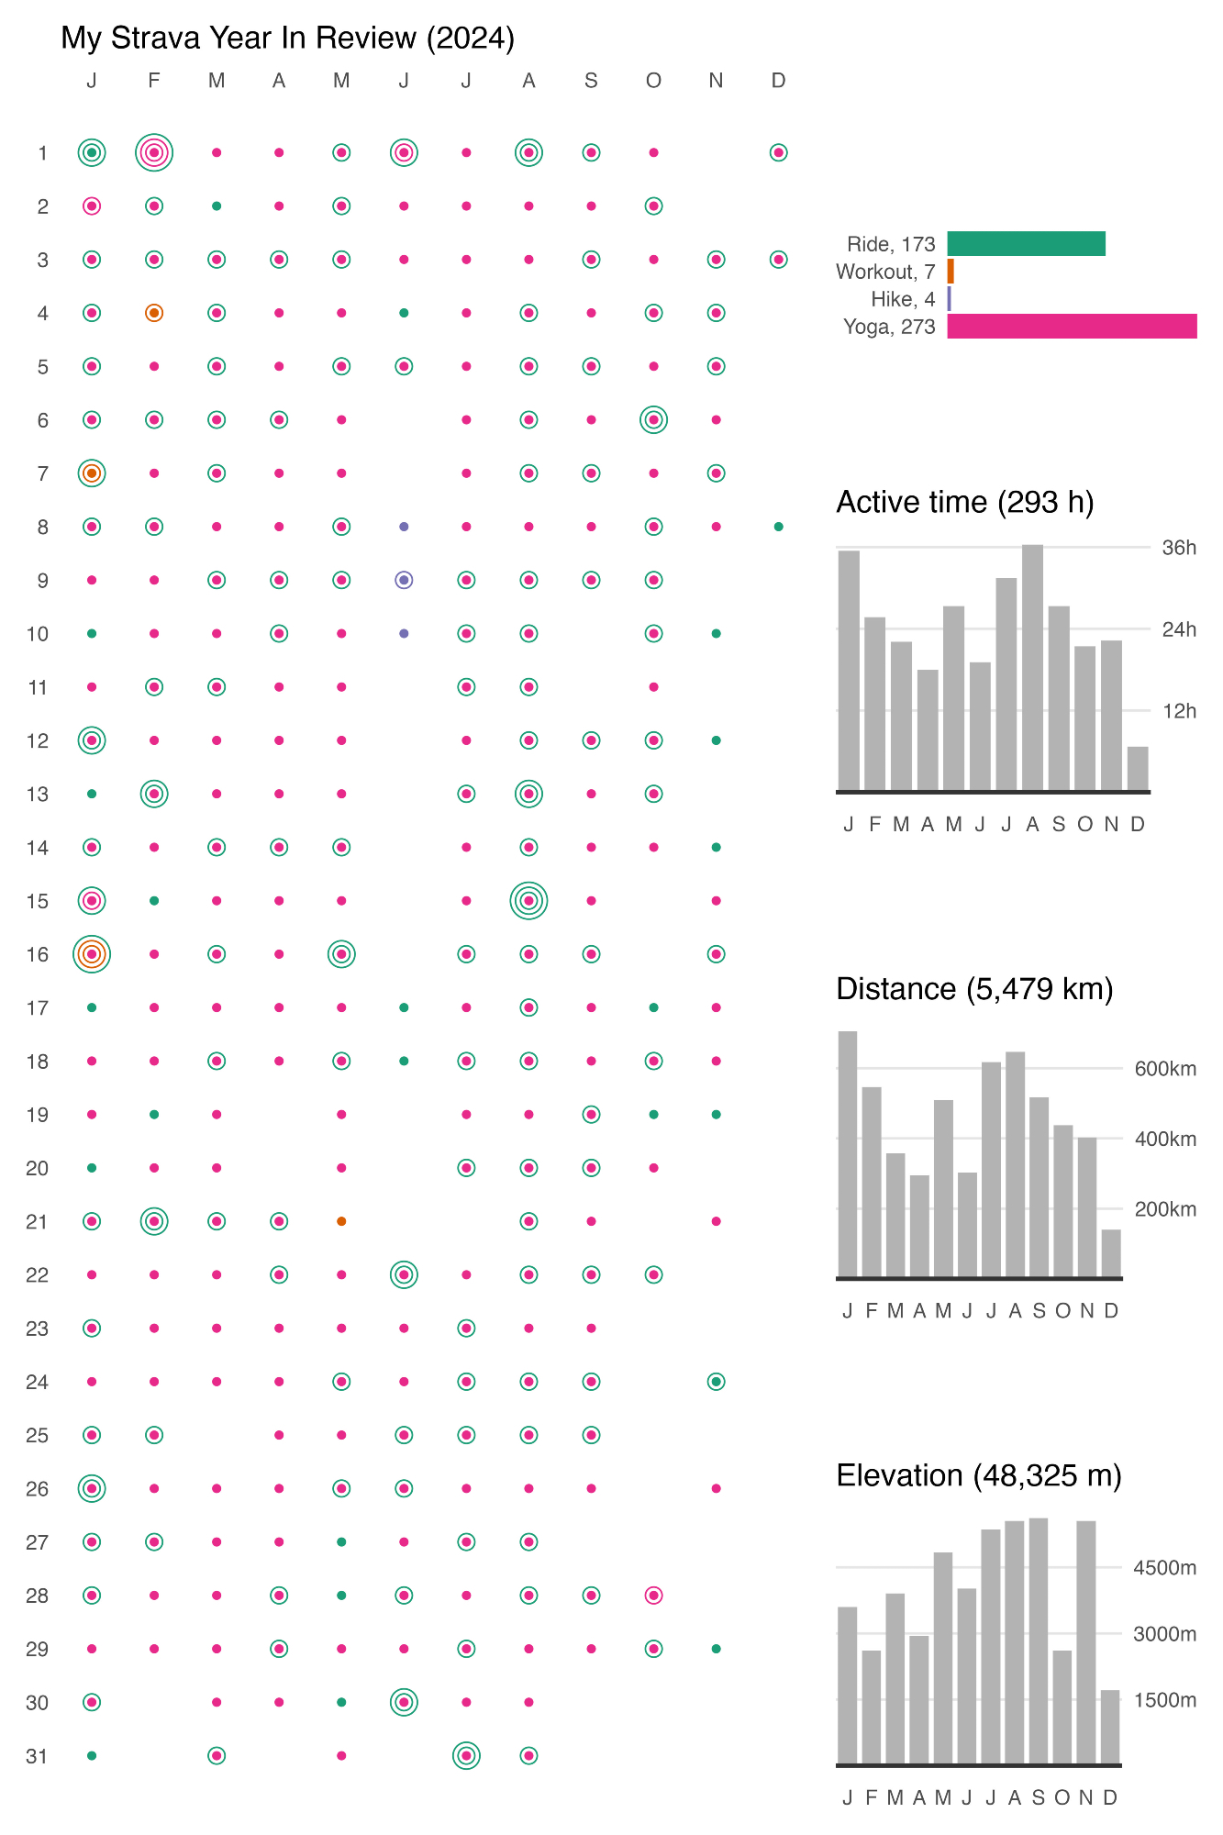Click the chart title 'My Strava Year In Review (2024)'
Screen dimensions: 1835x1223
click(x=287, y=38)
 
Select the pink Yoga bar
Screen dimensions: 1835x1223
click(x=1072, y=327)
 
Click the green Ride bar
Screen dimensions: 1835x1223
click(x=1026, y=244)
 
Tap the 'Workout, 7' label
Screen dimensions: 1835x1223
click(x=885, y=272)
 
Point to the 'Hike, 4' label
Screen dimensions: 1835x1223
click(x=903, y=299)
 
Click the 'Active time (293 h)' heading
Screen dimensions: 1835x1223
click(x=965, y=502)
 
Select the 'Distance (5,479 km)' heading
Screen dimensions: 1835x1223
click(x=974, y=988)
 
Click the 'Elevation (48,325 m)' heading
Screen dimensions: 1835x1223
click(x=979, y=1475)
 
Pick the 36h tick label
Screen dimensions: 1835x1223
click(x=1179, y=548)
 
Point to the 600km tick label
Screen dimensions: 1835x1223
click(x=1165, y=1069)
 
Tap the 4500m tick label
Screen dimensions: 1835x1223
click(x=1165, y=1568)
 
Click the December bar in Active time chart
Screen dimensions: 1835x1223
click(x=1138, y=769)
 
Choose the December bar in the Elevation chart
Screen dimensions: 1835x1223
click(x=1110, y=1728)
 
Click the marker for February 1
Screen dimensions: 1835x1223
click(x=154, y=153)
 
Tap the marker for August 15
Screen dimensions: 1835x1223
click(x=528, y=901)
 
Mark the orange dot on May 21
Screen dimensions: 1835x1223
click(x=341, y=1221)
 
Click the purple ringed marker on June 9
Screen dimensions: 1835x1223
click(x=404, y=580)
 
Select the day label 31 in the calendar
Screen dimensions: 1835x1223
click(x=37, y=1756)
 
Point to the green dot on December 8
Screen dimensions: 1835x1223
click(x=778, y=527)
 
